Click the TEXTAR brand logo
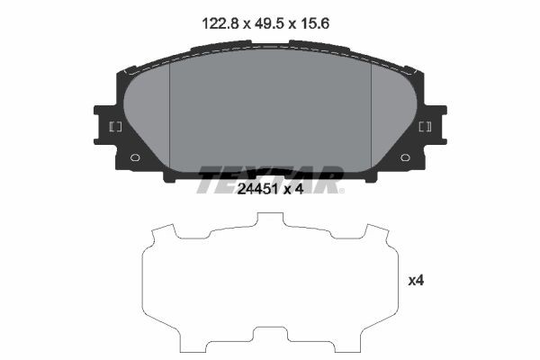tap(270, 179)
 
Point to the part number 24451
tap(256, 188)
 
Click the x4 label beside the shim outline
tap(416, 281)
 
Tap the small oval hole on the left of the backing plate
tap(135, 157)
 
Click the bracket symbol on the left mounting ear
tap(114, 127)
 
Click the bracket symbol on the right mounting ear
tap(427, 127)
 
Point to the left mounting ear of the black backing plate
tap(107, 127)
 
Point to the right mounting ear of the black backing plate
tap(433, 127)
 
